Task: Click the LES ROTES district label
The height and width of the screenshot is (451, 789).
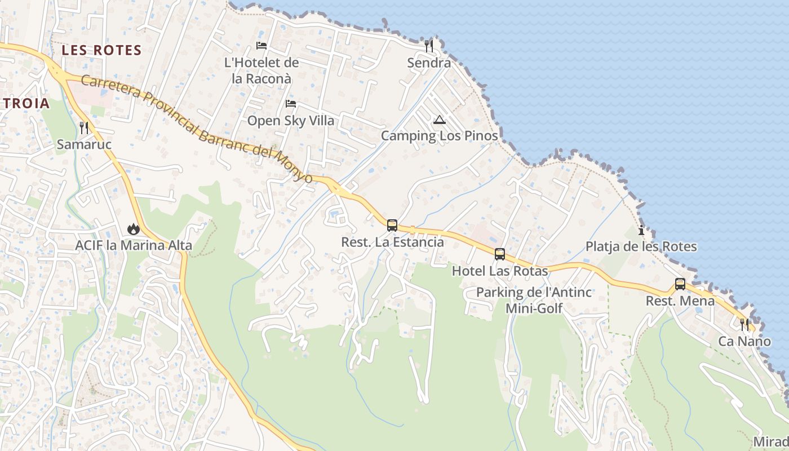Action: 101,50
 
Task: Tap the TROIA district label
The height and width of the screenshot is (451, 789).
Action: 26,104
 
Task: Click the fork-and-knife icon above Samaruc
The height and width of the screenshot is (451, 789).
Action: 84,128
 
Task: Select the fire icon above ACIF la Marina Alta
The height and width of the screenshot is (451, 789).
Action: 134,228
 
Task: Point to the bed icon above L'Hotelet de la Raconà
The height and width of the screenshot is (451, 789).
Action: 261,45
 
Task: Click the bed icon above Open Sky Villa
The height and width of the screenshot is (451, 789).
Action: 291,104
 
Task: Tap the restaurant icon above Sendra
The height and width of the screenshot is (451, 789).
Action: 429,46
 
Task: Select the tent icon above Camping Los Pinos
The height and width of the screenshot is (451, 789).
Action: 440,119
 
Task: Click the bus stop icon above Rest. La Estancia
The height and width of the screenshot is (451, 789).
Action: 392,225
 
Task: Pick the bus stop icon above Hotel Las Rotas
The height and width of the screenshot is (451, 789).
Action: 500,254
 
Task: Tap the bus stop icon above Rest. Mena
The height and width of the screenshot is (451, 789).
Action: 680,284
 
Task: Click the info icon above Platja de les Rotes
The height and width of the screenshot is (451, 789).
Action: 641,230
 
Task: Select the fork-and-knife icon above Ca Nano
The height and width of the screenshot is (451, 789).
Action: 744,325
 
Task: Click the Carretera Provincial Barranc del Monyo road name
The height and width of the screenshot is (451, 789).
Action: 197,129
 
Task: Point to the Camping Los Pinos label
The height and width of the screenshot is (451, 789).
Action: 440,136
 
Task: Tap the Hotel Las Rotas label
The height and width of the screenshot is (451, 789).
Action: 500,271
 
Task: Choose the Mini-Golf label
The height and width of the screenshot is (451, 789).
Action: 534,308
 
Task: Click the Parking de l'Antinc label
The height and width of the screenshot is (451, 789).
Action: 534,292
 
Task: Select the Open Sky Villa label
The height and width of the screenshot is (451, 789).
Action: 291,121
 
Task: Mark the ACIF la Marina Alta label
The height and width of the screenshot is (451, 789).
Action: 134,246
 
